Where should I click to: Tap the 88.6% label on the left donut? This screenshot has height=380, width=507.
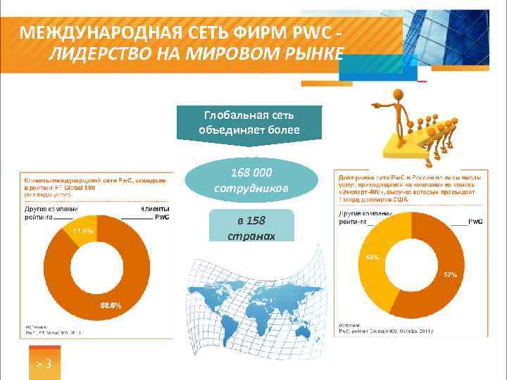(x=110, y=305)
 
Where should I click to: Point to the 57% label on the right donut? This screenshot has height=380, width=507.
(x=449, y=274)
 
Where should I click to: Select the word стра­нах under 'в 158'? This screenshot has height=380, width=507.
(x=251, y=234)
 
